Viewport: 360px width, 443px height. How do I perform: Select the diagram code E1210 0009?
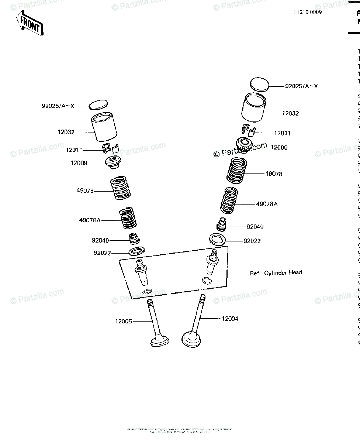point(307,12)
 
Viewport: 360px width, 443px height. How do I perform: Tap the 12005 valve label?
point(123,322)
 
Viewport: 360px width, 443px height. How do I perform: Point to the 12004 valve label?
point(229,318)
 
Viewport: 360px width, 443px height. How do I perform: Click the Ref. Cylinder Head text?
point(276,273)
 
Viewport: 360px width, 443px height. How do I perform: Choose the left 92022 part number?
point(102,253)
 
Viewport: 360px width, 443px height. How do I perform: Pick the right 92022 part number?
point(252,241)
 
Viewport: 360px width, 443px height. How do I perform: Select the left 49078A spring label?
point(90,220)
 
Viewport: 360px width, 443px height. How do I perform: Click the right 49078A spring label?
point(267,203)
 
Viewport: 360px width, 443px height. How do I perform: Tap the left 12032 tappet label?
point(66,132)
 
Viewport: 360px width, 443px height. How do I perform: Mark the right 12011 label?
point(282,133)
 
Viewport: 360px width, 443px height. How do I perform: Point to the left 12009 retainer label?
point(79,162)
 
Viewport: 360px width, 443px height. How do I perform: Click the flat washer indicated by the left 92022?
point(136,252)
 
